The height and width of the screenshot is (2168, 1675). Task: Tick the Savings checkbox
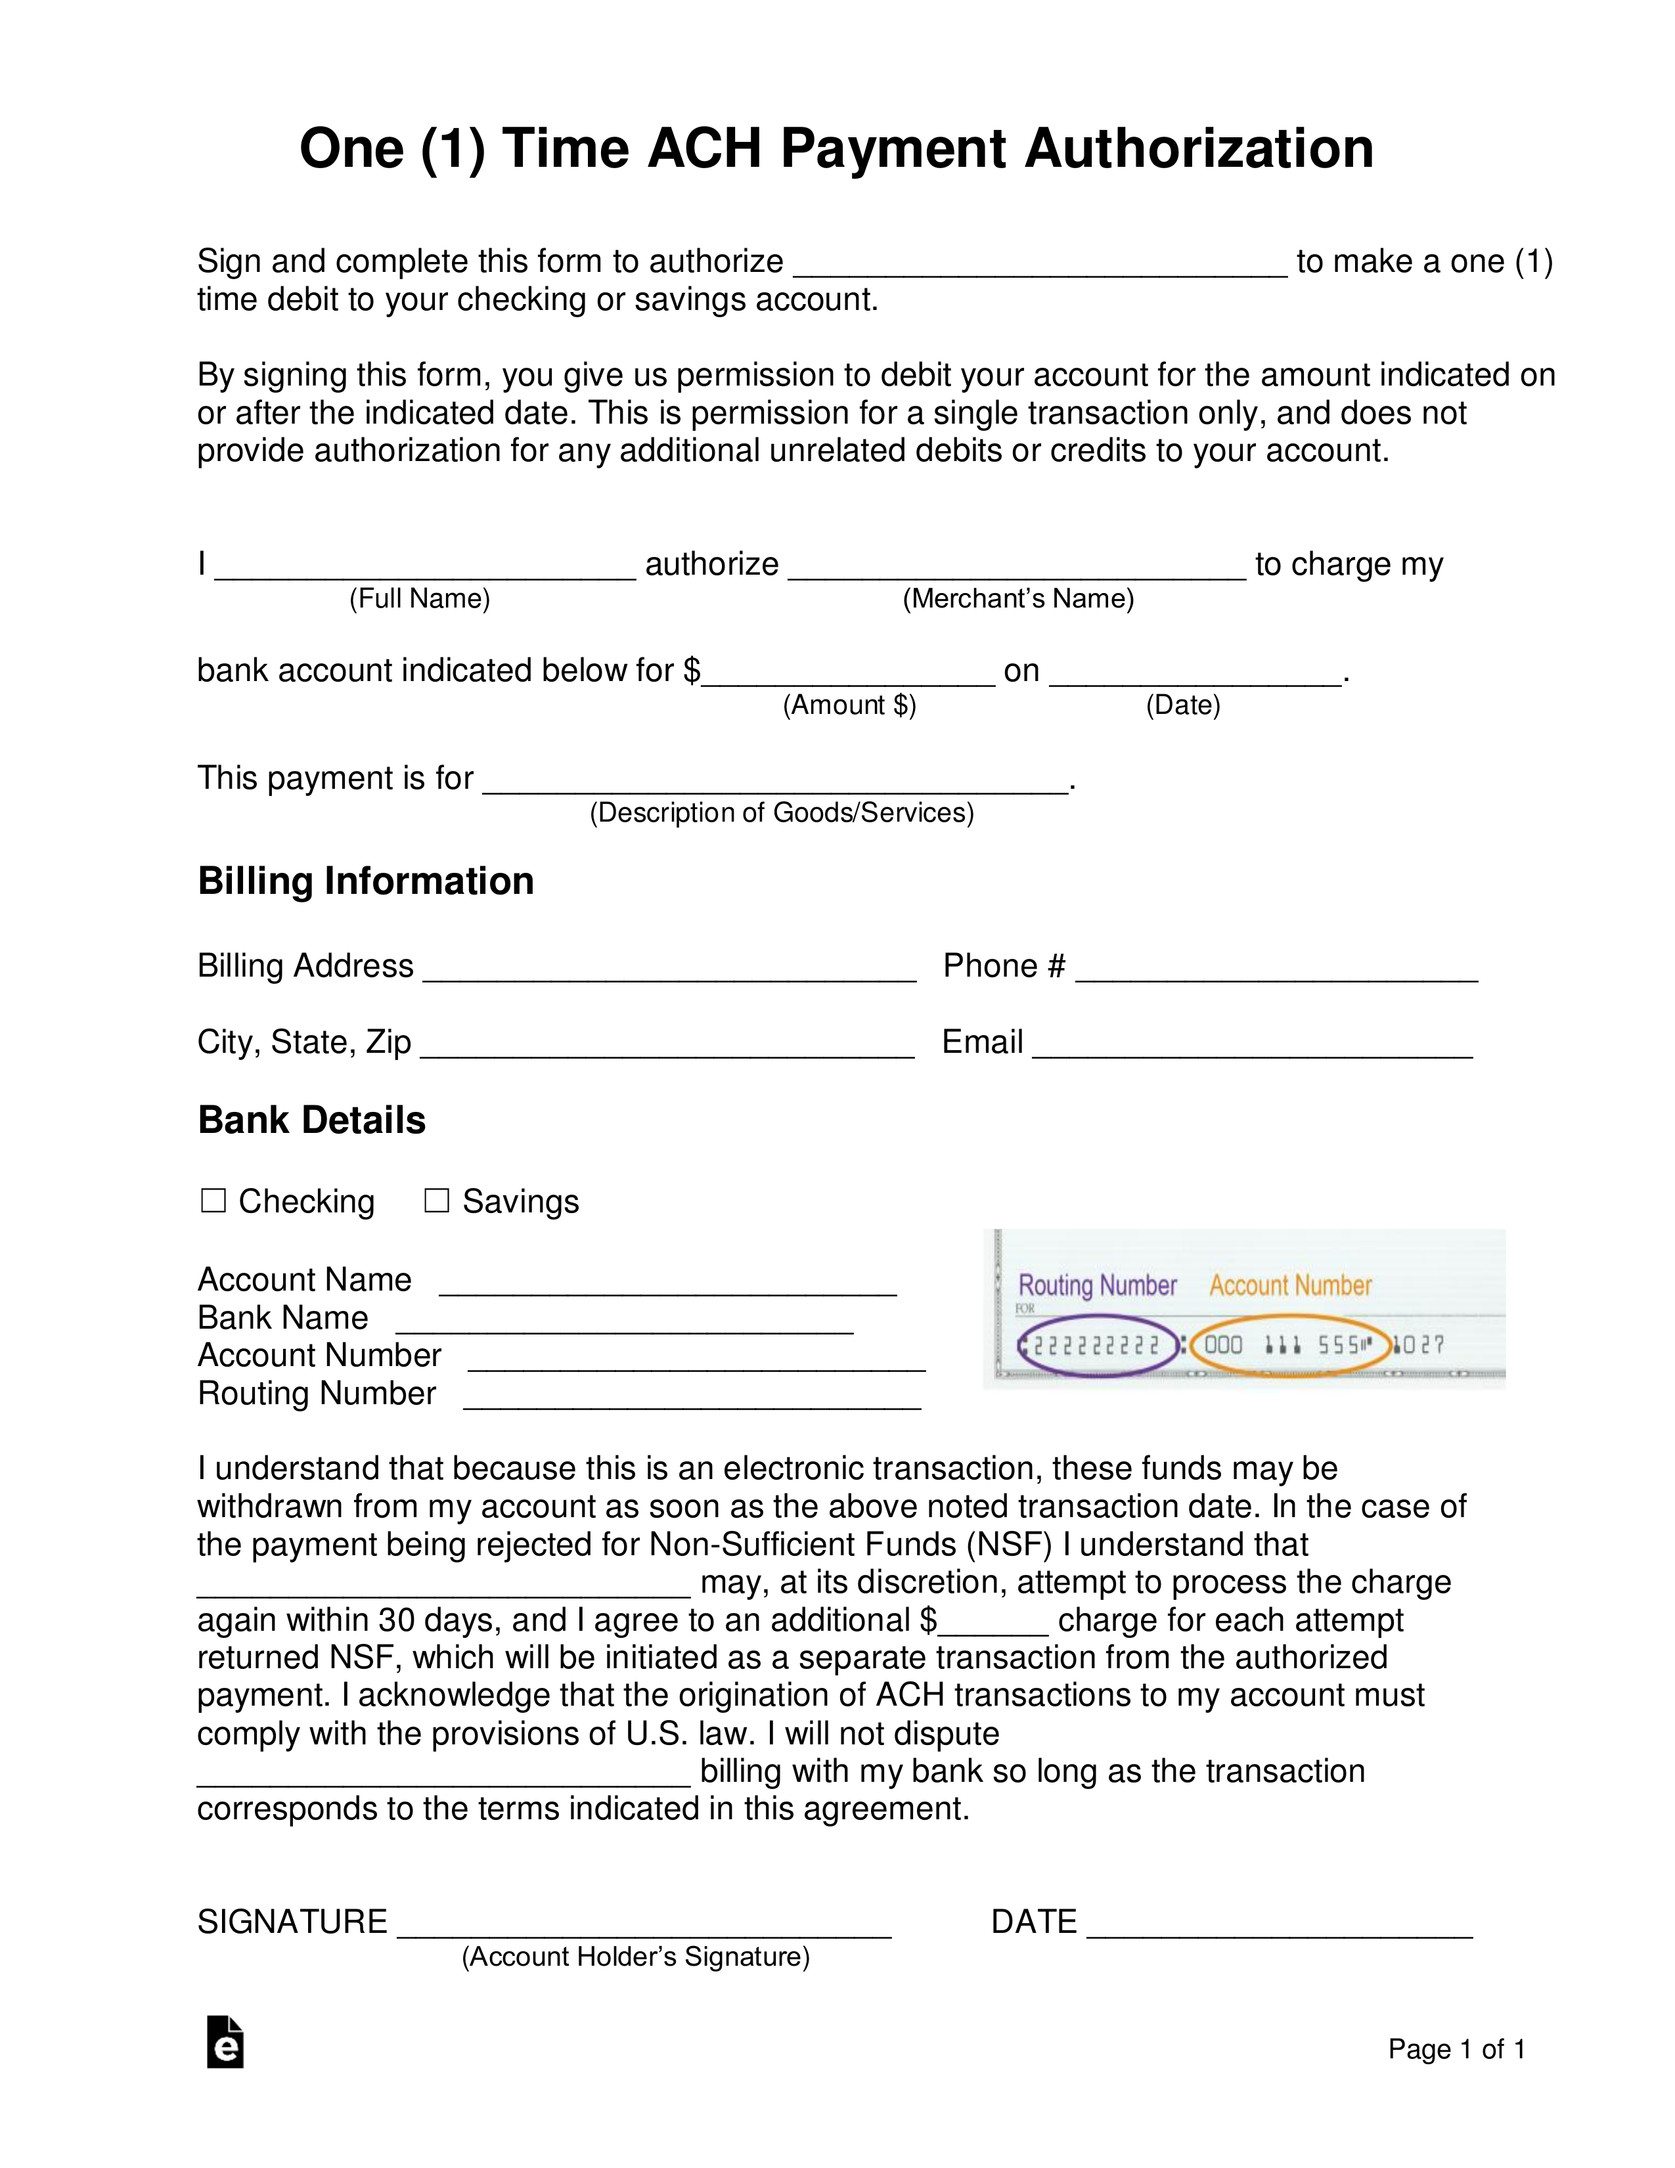coord(437,1201)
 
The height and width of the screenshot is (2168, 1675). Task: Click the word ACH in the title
coord(704,149)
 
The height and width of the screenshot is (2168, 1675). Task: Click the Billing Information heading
coord(365,881)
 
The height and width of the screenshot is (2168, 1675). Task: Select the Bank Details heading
coord(312,1120)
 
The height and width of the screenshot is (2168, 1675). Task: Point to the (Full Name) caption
coord(420,598)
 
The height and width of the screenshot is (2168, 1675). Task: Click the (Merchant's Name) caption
coord(1017,598)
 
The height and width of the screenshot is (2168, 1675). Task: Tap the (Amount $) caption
coord(849,706)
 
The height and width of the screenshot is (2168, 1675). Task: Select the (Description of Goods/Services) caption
coord(782,813)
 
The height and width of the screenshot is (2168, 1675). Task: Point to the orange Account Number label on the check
coord(1290,1285)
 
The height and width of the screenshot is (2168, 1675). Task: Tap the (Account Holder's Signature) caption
coord(635,1957)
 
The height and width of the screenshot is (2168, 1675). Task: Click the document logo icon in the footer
coord(225,2042)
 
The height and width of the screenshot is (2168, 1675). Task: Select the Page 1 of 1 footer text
coord(1456,2049)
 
